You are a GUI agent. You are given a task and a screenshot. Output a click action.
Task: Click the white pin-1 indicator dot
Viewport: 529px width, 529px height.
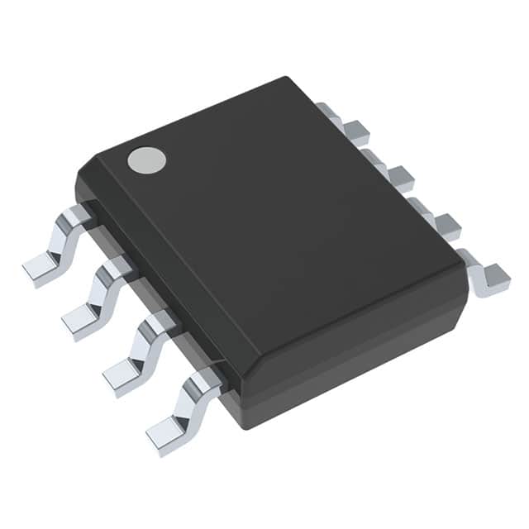[146, 160]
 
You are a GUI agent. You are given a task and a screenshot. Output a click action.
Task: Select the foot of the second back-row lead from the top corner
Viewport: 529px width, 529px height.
[401, 177]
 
